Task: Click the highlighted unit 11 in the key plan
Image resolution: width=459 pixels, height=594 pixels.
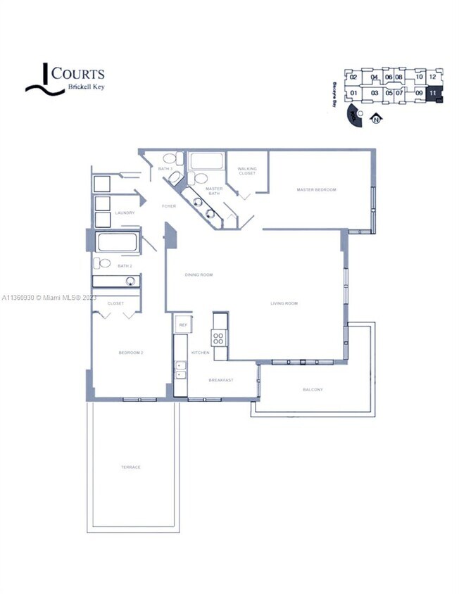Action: pyautogui.click(x=434, y=93)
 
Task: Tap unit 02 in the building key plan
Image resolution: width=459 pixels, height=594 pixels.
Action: pyautogui.click(x=353, y=77)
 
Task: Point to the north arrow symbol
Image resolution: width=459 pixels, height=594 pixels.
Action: pyautogui.click(x=376, y=119)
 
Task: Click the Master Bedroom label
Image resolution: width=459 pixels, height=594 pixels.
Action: pyautogui.click(x=316, y=190)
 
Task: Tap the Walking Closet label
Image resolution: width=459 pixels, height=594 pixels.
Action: pyautogui.click(x=247, y=171)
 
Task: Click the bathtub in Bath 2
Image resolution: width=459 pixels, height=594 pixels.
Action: pyautogui.click(x=117, y=243)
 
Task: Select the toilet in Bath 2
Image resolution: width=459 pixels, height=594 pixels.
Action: pyautogui.click(x=103, y=264)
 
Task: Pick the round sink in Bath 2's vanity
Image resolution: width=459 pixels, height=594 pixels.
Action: pyautogui.click(x=130, y=281)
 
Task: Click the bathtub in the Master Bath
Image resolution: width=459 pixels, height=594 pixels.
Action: pyautogui.click(x=206, y=162)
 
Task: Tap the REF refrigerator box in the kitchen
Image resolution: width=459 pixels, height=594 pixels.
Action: pyautogui.click(x=183, y=325)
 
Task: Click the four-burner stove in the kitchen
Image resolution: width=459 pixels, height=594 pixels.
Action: pyautogui.click(x=220, y=337)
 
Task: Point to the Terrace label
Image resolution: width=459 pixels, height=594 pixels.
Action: pyautogui.click(x=130, y=467)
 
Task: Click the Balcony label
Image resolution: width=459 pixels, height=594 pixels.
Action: pyautogui.click(x=313, y=389)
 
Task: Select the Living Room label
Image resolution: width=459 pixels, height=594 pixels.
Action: pyautogui.click(x=284, y=303)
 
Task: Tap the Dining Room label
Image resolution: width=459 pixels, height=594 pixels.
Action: pyautogui.click(x=199, y=274)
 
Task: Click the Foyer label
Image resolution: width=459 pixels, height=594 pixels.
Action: pyautogui.click(x=169, y=206)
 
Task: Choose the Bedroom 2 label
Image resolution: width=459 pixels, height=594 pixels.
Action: pyautogui.click(x=131, y=352)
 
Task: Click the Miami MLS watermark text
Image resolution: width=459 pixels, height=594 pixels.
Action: pyautogui.click(x=49, y=298)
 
